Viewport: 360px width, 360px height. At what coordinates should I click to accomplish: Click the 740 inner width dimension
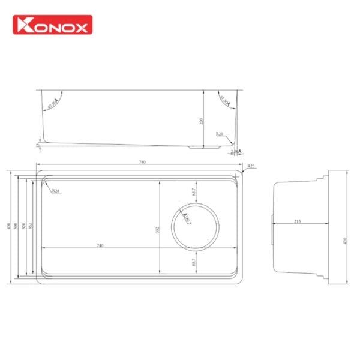point(100,246)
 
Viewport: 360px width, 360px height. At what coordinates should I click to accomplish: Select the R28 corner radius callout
point(56,191)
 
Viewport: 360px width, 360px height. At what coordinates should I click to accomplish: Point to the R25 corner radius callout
point(251,166)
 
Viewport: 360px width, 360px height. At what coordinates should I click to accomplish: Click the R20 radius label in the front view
point(220,134)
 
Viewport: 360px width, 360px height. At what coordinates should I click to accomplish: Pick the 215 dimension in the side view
point(298,222)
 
